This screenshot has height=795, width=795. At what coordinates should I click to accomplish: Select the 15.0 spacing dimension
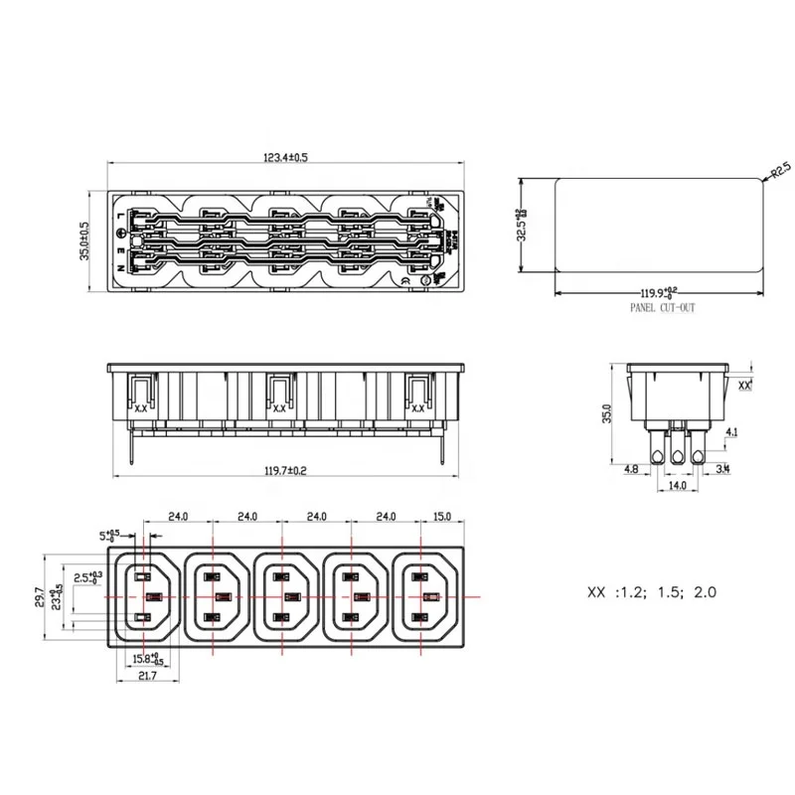click(x=442, y=517)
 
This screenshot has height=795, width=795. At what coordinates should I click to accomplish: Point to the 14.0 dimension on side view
click(x=678, y=486)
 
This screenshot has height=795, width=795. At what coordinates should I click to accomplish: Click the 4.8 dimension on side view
click(x=632, y=468)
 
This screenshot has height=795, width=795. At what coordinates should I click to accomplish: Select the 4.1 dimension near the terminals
click(x=731, y=432)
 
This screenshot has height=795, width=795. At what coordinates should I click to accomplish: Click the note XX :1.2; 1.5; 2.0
click(x=652, y=592)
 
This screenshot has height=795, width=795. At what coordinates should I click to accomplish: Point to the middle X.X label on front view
click(x=279, y=407)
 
